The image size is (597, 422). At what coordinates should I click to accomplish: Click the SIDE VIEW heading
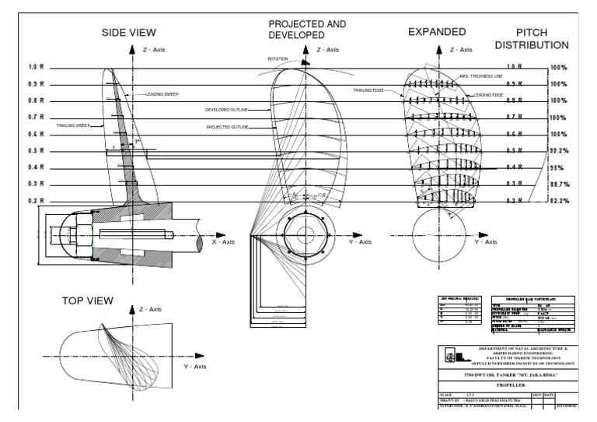tap(130, 33)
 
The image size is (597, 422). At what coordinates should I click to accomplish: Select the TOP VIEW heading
tap(88, 300)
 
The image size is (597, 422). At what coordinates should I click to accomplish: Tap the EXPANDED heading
tap(437, 32)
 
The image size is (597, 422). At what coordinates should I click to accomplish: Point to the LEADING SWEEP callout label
tap(162, 94)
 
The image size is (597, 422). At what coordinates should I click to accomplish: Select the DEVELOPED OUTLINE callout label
tap(226, 110)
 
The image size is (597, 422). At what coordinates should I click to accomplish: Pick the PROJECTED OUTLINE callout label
tap(227, 126)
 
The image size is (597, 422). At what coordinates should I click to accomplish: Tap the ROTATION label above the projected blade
tap(278, 58)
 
